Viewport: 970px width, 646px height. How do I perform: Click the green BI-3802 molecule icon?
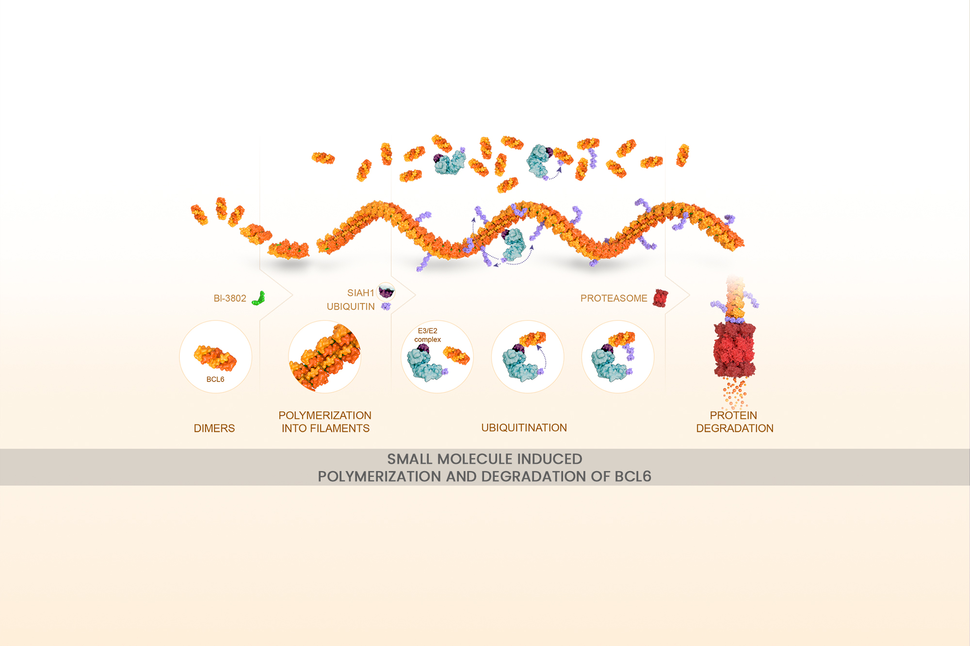[x=259, y=298]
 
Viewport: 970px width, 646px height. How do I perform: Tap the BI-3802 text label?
[x=230, y=299]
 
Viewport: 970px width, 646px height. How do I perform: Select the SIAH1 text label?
[x=360, y=293]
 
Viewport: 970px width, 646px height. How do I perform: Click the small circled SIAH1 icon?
[x=387, y=292]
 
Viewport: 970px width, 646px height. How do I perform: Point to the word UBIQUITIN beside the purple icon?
[x=351, y=307]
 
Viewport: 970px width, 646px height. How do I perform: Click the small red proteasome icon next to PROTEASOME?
[x=660, y=298]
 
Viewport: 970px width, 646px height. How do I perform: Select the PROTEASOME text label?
[x=614, y=299]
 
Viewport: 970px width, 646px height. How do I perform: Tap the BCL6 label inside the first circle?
[x=215, y=379]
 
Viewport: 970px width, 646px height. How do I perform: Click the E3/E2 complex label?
[x=427, y=335]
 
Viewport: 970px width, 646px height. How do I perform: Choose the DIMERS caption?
[x=214, y=428]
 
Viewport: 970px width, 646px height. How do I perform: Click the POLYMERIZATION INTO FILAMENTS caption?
[x=325, y=422]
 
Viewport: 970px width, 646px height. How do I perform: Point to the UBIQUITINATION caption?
[x=524, y=428]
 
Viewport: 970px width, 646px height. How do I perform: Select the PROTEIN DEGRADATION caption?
[x=734, y=422]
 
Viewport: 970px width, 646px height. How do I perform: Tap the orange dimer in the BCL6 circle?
[x=215, y=358]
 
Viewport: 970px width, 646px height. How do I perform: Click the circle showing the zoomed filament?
[x=324, y=357]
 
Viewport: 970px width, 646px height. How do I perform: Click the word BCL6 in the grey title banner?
[x=632, y=477]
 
